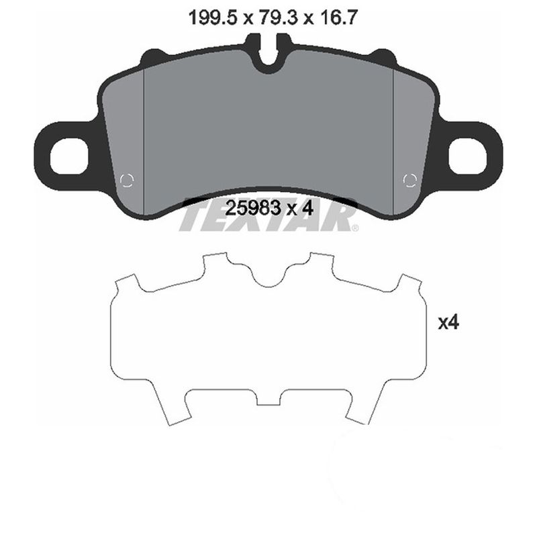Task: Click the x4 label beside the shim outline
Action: click(x=447, y=323)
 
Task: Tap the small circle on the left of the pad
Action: click(x=126, y=179)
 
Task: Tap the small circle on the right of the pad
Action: click(x=410, y=179)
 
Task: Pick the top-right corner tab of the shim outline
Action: click(x=411, y=282)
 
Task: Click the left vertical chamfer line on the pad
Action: click(x=146, y=141)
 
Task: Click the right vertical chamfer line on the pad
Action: click(x=392, y=141)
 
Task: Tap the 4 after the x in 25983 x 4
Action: click(x=308, y=208)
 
